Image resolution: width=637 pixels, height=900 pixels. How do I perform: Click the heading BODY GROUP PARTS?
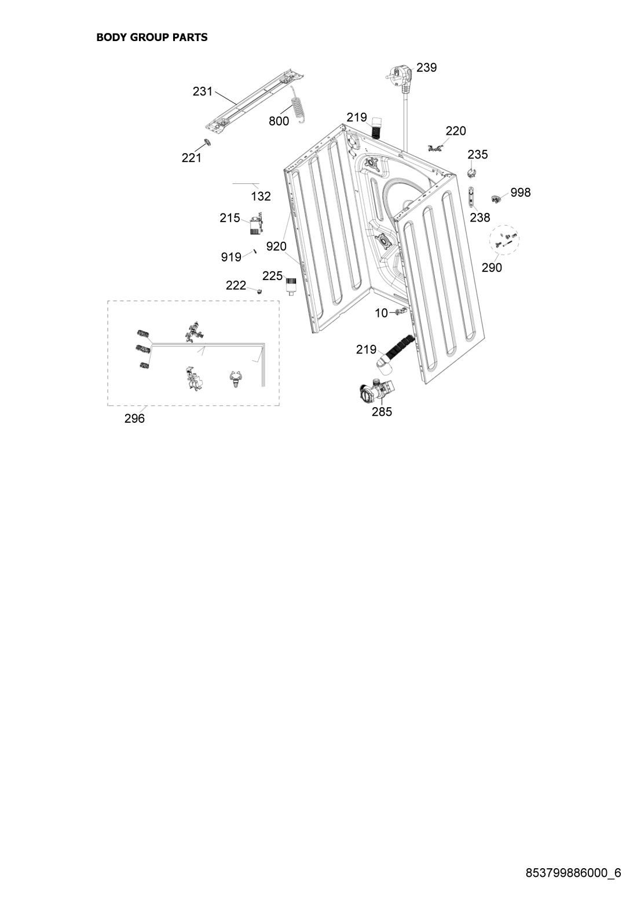coord(152,38)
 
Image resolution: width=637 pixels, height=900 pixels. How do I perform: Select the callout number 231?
coord(203,91)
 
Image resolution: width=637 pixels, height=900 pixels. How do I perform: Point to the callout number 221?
coord(192,158)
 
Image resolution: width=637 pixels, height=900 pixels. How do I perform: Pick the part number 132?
coord(261,197)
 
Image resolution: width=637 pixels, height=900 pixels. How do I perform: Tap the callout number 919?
coord(231,257)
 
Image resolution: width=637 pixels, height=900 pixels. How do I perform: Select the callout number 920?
coord(276,246)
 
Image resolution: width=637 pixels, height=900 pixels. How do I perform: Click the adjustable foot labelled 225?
coord(291,286)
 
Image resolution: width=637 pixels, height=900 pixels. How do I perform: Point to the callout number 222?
coord(236,285)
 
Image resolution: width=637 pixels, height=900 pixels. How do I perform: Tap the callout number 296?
coord(134,419)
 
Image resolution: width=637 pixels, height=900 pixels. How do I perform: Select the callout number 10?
coord(381,313)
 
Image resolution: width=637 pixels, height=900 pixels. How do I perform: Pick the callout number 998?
coord(521,193)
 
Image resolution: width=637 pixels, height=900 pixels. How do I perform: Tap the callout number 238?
coord(480,217)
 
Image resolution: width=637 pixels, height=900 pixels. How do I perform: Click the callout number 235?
coord(478,154)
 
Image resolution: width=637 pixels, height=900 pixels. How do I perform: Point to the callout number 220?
coord(456,131)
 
